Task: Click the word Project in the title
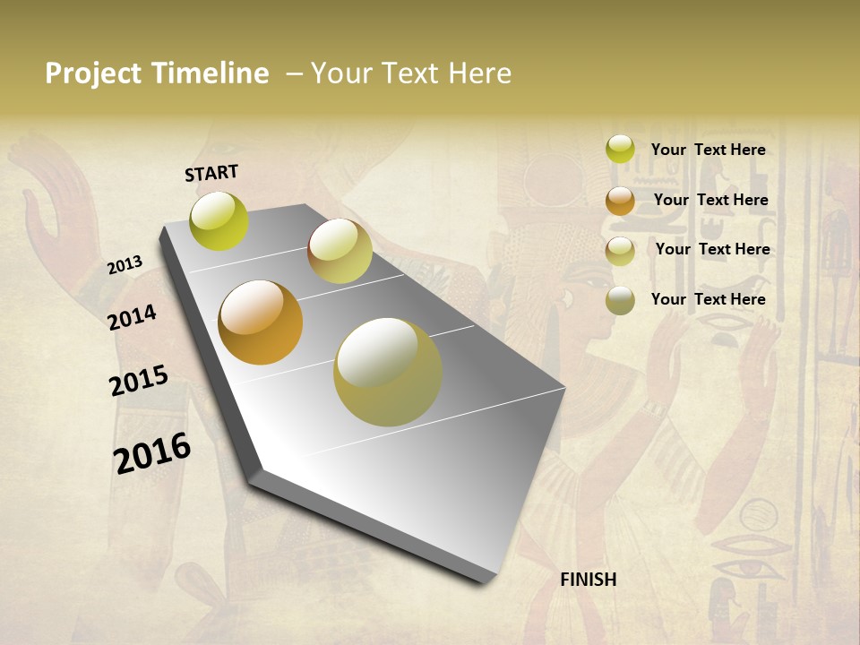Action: pyautogui.click(x=93, y=73)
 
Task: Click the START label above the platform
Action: pyautogui.click(x=211, y=173)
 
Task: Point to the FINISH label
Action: pyautogui.click(x=589, y=580)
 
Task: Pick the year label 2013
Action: pyautogui.click(x=125, y=265)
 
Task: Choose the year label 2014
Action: pyautogui.click(x=132, y=317)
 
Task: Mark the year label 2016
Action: pyautogui.click(x=152, y=453)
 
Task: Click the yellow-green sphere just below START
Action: pyautogui.click(x=219, y=221)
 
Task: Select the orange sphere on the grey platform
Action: pyautogui.click(x=261, y=322)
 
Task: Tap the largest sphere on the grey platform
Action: pyautogui.click(x=388, y=372)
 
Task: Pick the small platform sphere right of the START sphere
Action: pyautogui.click(x=340, y=251)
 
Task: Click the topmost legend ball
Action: pyautogui.click(x=620, y=150)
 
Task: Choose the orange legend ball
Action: pyautogui.click(x=620, y=201)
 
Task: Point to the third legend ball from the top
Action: pyautogui.click(x=620, y=251)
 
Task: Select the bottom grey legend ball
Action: pyautogui.click(x=620, y=300)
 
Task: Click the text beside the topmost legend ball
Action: pyautogui.click(x=708, y=150)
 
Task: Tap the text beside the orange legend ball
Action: pyautogui.click(x=710, y=200)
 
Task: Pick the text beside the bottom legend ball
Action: pyautogui.click(x=708, y=299)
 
